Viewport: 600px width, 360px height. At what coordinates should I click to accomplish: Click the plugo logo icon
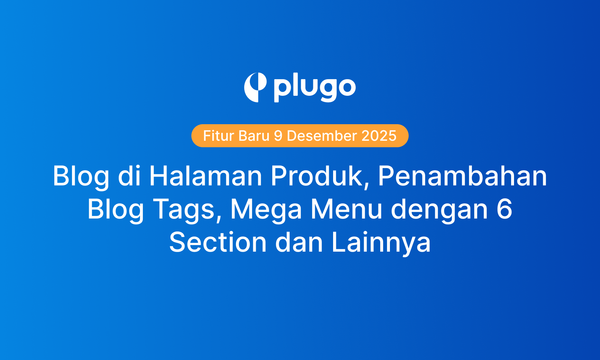point(255,87)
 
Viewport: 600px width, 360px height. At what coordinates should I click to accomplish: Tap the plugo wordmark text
point(314,88)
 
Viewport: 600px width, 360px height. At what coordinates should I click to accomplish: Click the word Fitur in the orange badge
point(218,136)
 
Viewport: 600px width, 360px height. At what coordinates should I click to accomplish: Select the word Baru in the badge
point(254,136)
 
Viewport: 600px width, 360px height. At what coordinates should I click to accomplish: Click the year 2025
point(379,136)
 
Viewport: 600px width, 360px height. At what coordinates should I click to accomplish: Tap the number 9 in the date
point(278,136)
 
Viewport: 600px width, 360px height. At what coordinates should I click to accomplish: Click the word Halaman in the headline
point(206,176)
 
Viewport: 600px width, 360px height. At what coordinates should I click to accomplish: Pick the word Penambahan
point(462,176)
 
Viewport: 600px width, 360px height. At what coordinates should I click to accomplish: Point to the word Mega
point(266,209)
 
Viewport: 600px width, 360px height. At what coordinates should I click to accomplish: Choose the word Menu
point(346,209)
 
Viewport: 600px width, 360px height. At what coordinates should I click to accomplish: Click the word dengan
point(439,209)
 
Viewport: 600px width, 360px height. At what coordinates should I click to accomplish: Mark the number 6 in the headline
point(504,209)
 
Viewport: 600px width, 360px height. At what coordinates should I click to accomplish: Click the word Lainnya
point(381,242)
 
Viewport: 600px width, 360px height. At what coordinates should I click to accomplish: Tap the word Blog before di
point(81,176)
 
